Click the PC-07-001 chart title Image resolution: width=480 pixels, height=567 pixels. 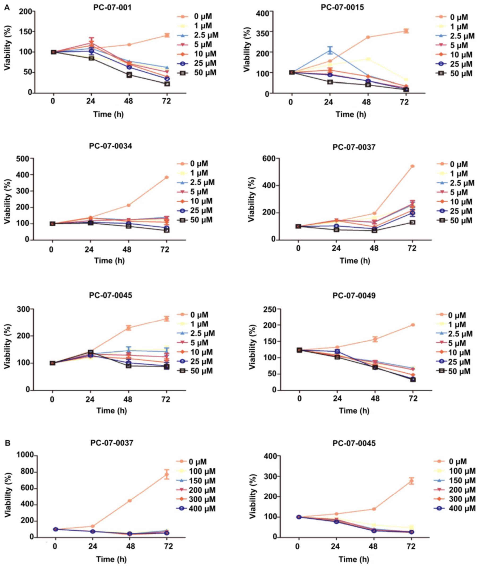[112, 7]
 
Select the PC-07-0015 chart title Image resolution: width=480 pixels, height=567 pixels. [342, 7]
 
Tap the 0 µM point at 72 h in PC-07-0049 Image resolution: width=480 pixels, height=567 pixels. [413, 325]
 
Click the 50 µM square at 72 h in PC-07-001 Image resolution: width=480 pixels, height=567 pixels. [167, 84]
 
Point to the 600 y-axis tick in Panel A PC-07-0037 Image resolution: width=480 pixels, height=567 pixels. [268, 158]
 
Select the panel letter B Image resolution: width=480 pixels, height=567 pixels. [7, 443]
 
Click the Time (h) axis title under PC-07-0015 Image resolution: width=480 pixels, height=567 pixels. [350, 114]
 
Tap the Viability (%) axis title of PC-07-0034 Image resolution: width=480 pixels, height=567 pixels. [7, 201]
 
